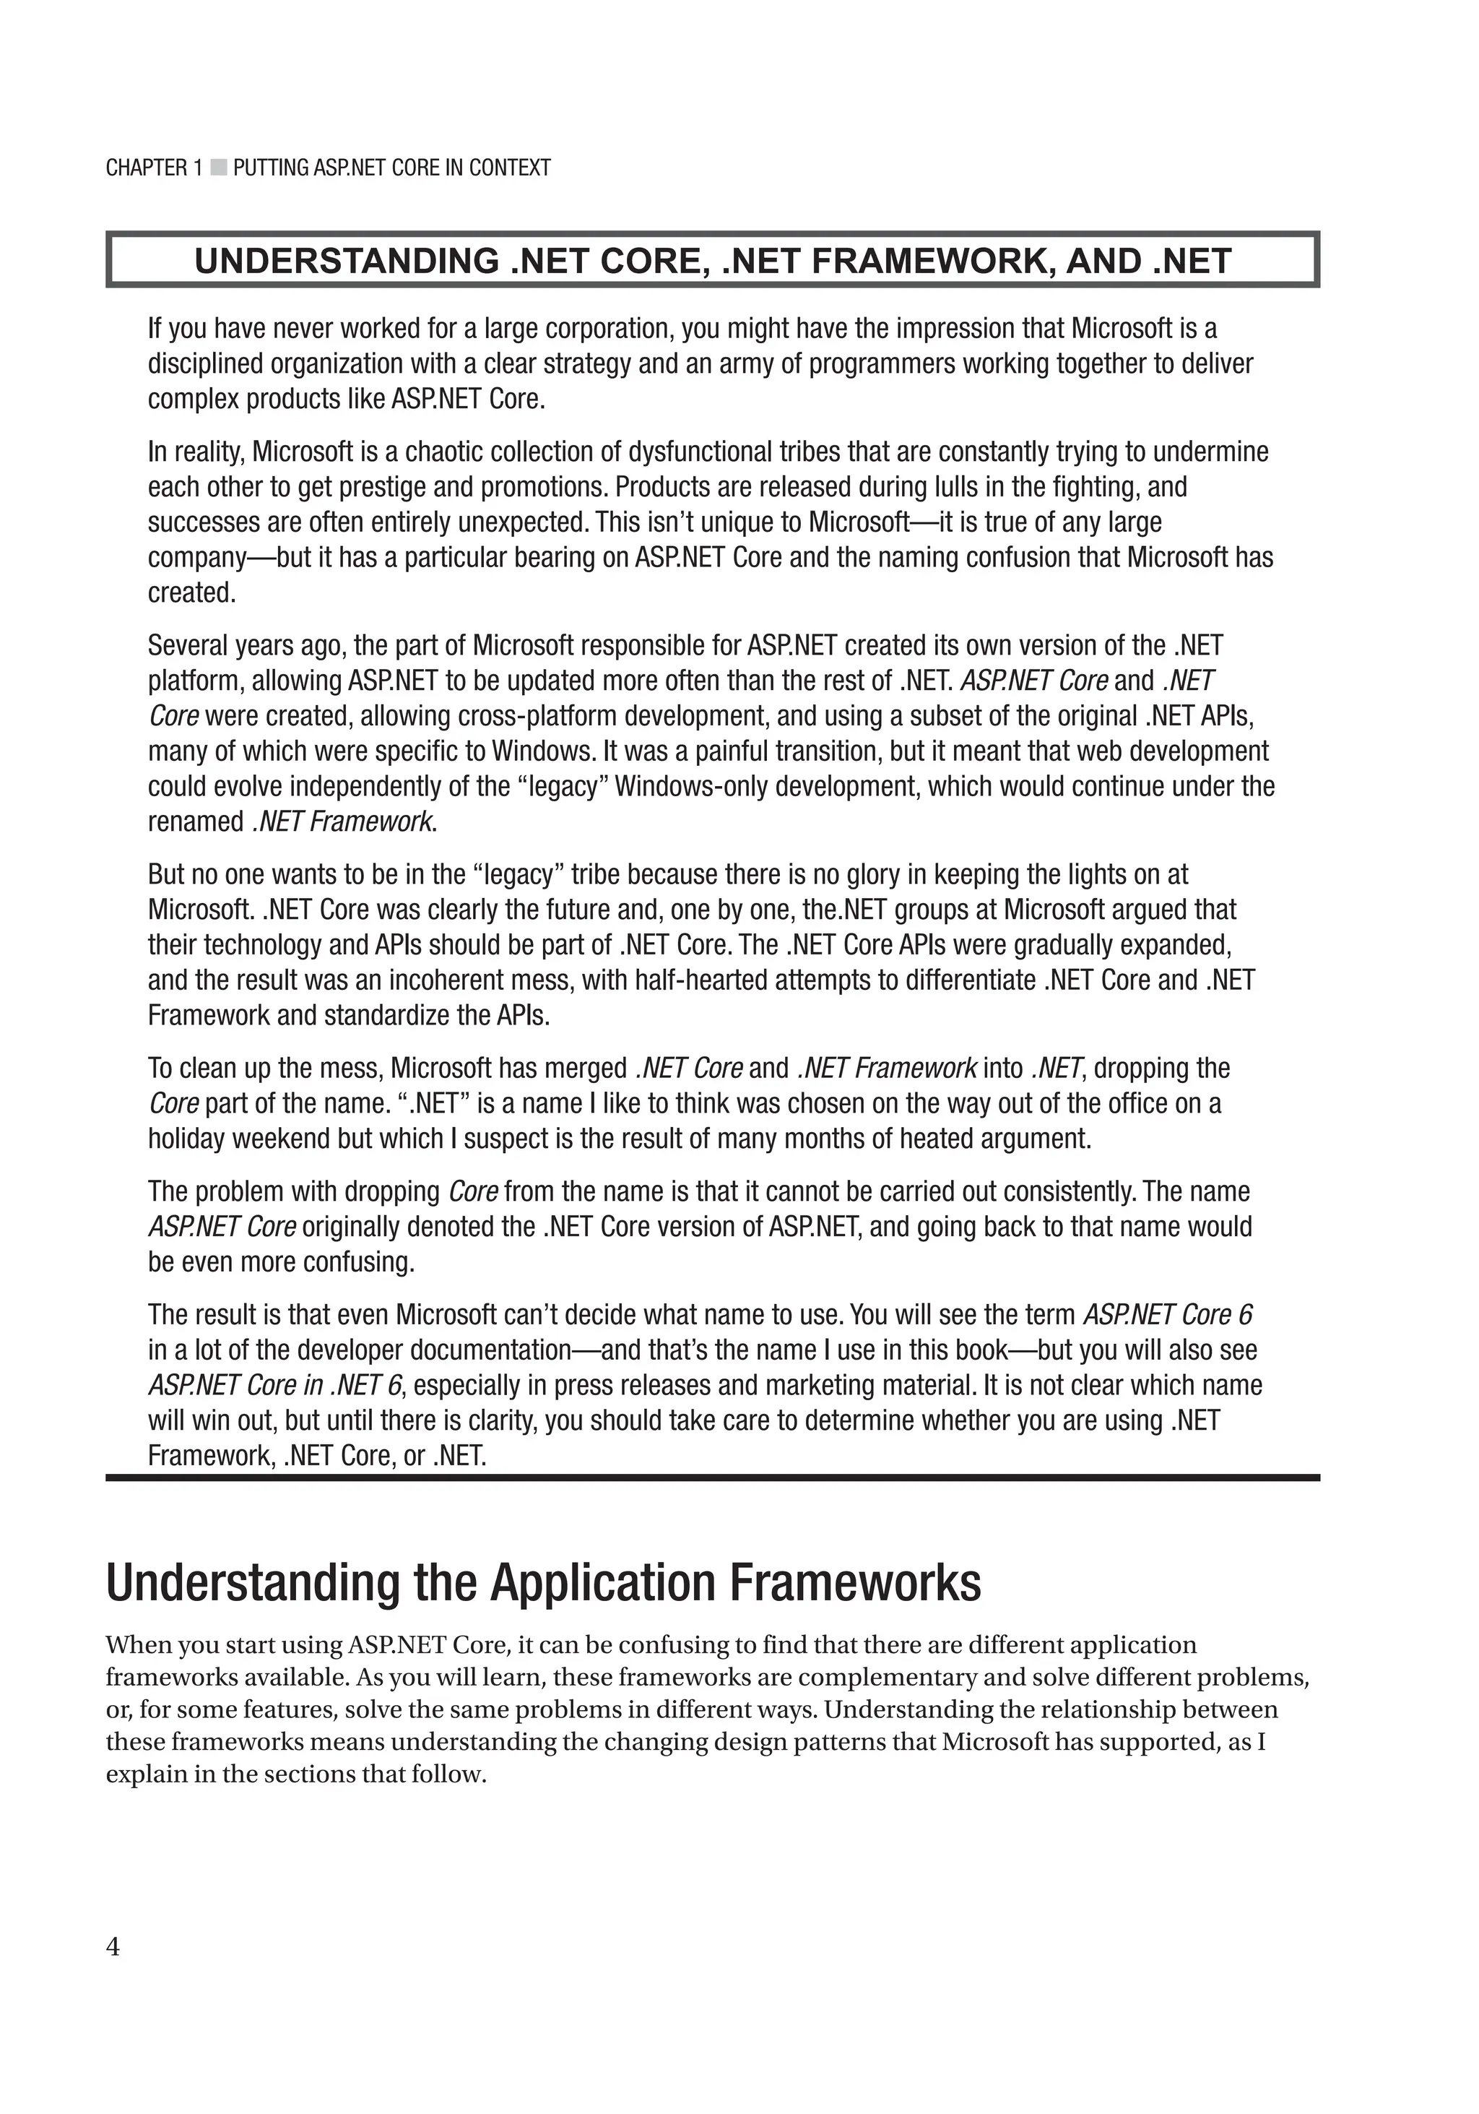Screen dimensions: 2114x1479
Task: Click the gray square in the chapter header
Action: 218,168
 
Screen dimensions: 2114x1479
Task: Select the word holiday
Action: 187,1139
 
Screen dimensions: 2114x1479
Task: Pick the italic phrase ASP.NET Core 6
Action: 1167,1315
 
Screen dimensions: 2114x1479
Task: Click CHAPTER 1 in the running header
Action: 154,168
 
